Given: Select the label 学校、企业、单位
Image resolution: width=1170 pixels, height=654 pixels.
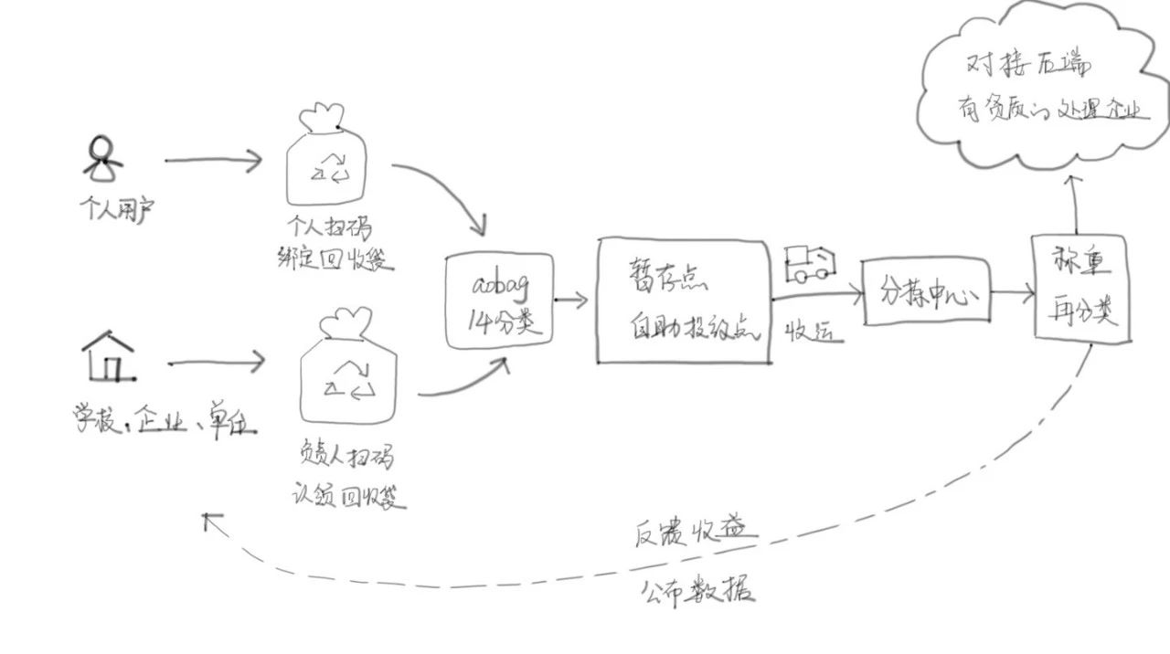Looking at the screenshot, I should (165, 421).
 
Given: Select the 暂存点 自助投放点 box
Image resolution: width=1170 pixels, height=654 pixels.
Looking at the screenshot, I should (682, 301).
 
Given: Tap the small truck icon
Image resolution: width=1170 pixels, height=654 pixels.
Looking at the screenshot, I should (810, 263).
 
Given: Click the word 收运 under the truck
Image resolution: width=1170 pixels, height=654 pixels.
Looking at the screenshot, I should (813, 333).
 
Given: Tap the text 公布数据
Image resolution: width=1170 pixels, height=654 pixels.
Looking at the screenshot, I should (697, 591).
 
